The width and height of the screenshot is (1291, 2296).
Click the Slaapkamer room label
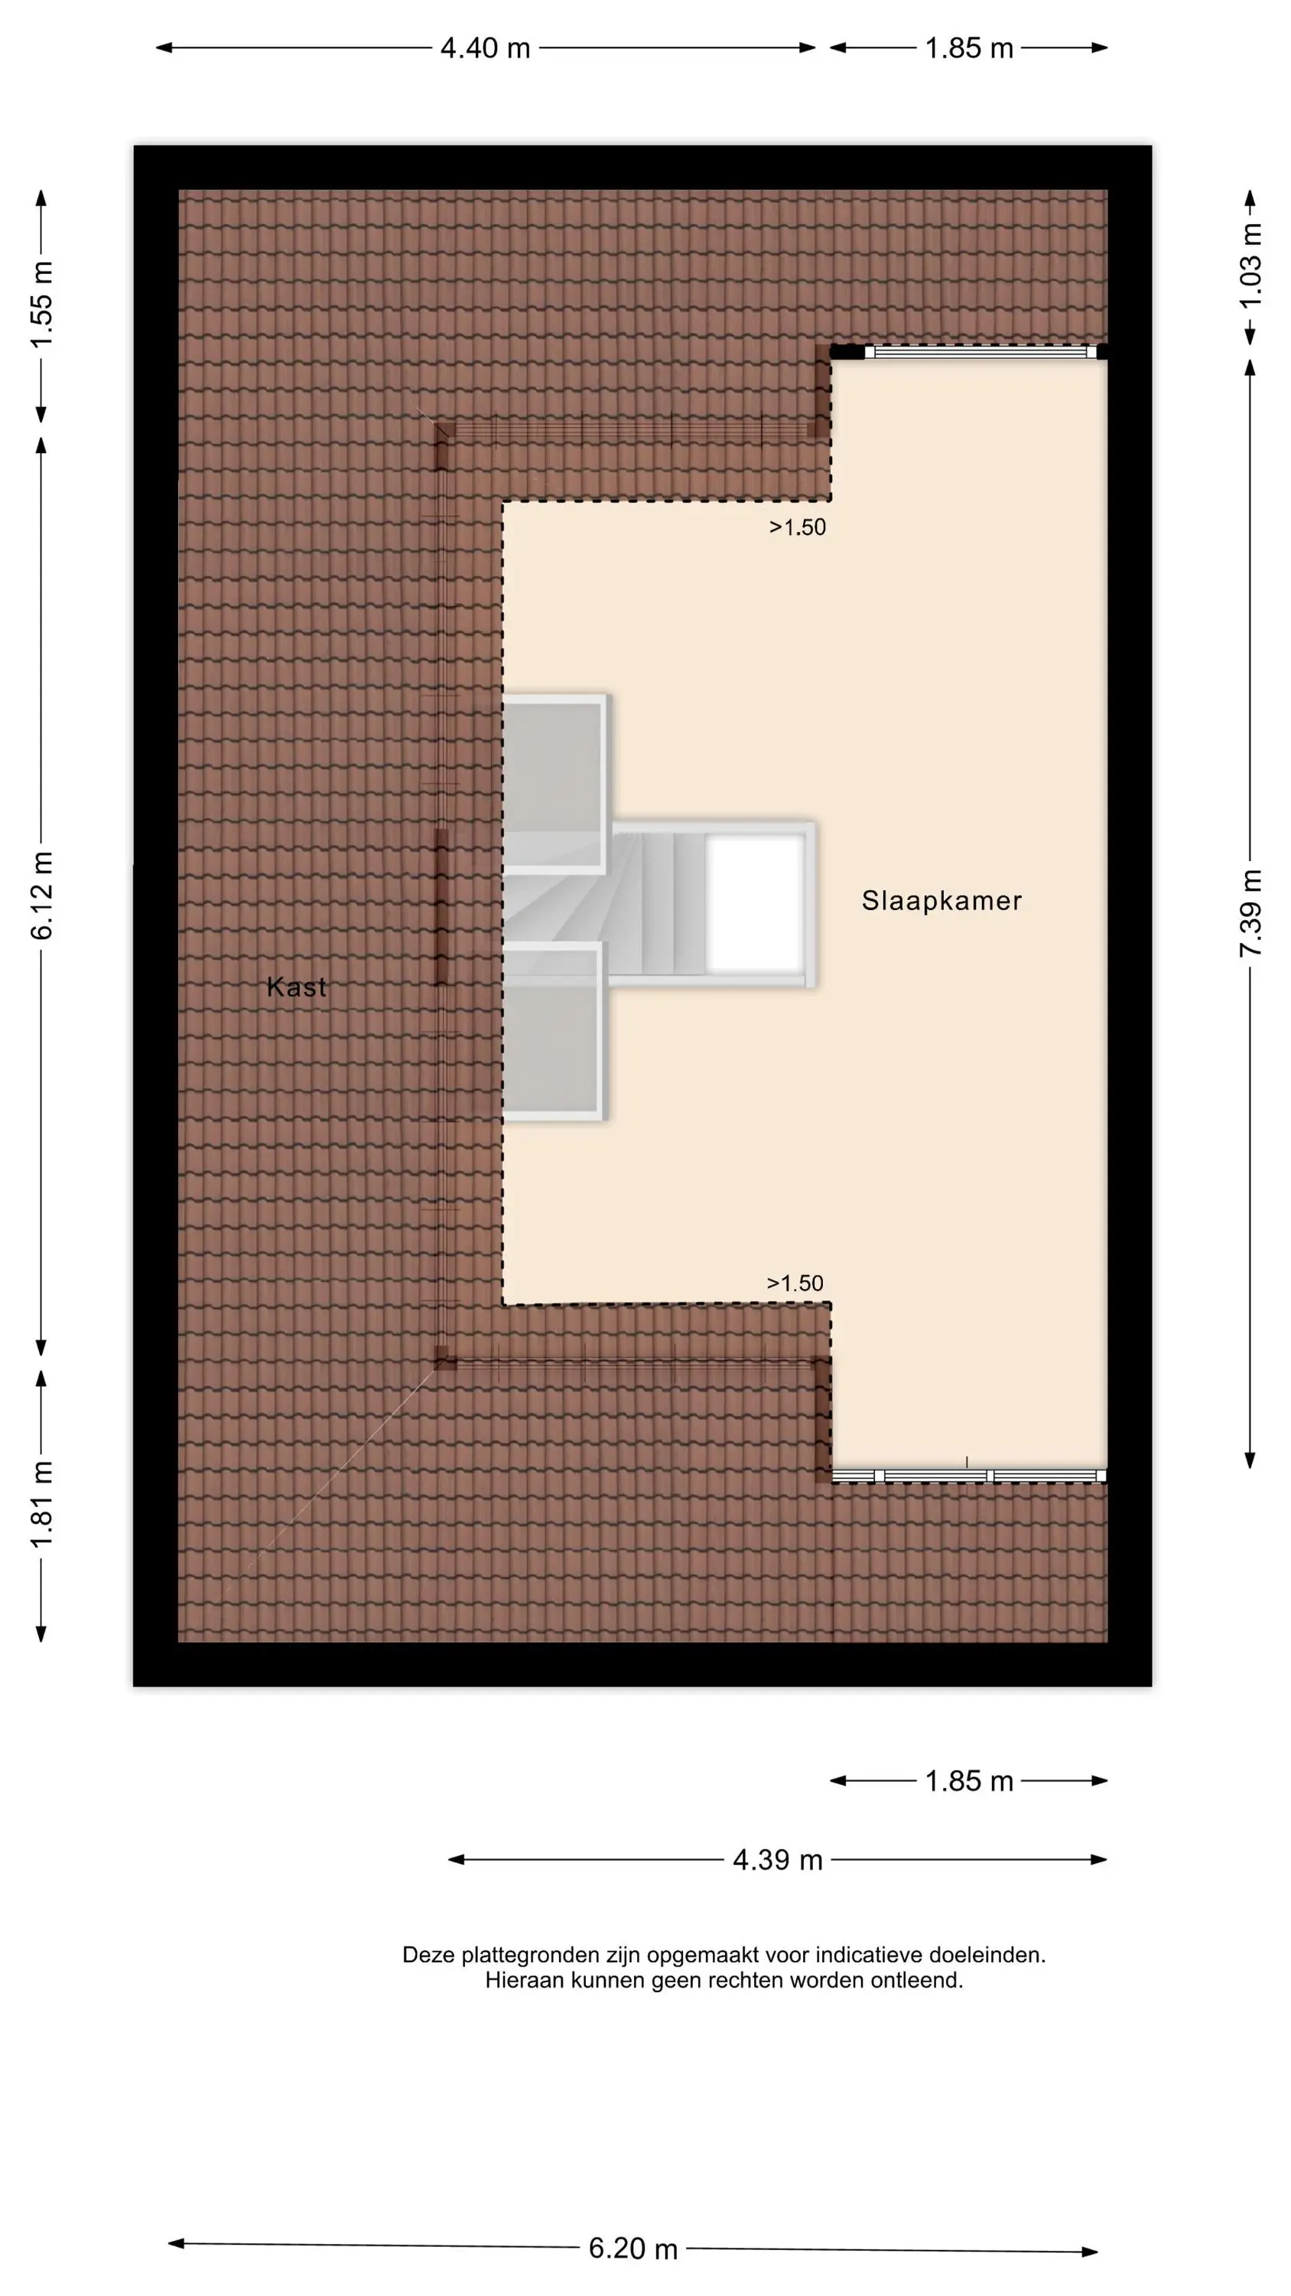(941, 900)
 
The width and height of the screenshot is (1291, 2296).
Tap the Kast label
(296, 987)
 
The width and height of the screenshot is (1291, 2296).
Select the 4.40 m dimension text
(486, 48)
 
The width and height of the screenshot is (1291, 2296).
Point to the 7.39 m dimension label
(1251, 913)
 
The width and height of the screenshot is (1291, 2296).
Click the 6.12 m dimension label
(42, 895)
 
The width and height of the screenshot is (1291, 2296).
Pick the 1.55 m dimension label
(42, 305)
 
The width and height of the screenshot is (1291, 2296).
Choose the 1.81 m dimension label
(42, 1505)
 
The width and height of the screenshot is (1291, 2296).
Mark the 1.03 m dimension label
(1251, 265)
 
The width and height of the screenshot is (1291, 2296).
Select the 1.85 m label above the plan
(969, 48)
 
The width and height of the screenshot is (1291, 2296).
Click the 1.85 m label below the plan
(969, 1781)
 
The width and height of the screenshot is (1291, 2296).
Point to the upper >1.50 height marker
(798, 527)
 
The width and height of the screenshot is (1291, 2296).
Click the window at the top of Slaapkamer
(980, 352)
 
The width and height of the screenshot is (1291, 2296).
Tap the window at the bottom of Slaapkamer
(969, 1476)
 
